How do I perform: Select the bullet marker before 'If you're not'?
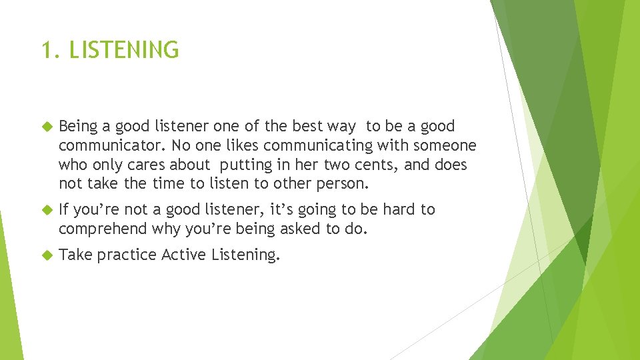coord(47,210)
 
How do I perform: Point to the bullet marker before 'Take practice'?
coord(47,255)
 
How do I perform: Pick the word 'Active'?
coord(185,254)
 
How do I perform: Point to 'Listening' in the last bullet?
coord(245,255)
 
